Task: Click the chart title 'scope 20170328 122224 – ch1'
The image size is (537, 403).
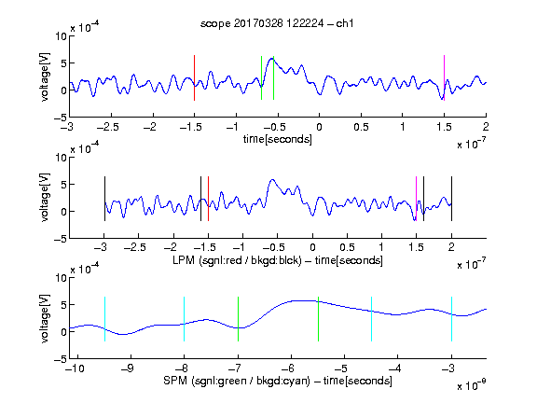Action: point(277,23)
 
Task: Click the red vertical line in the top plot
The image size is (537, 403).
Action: point(194,77)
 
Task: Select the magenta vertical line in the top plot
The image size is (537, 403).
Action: point(444,77)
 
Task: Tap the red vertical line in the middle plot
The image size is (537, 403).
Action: point(208,199)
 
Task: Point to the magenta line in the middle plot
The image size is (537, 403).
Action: point(416,199)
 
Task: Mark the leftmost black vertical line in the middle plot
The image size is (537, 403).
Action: point(104,199)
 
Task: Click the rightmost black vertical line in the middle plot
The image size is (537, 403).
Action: point(451,199)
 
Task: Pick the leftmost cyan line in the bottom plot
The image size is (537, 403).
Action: point(104,319)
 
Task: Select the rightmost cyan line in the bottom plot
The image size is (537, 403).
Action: point(451,319)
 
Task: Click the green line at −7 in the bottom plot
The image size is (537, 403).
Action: point(238,319)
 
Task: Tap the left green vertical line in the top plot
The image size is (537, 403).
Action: point(261,77)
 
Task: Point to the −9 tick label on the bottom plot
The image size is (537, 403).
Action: point(128,368)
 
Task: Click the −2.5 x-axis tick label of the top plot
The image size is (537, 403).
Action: point(108,127)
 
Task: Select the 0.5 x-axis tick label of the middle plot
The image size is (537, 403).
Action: point(347,247)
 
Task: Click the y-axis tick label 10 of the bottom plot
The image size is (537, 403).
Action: point(62,278)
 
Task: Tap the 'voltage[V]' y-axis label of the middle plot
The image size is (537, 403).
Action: point(45,198)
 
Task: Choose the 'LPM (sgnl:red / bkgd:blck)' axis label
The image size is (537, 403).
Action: point(237,260)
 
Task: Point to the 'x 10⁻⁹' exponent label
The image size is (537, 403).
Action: point(472,385)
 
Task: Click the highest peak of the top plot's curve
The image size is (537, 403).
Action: point(272,59)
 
